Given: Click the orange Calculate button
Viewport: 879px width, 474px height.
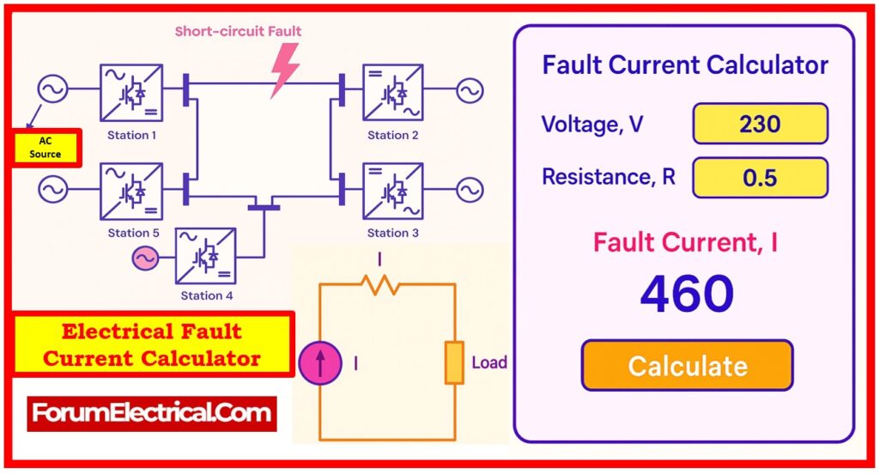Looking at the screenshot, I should tap(687, 365).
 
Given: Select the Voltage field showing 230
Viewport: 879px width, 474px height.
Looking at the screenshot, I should tap(760, 124).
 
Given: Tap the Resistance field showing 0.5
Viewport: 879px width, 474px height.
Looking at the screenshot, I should tap(760, 177).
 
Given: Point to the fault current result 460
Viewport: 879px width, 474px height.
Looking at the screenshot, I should tap(687, 295).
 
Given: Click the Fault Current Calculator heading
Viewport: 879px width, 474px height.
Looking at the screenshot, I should tap(685, 65).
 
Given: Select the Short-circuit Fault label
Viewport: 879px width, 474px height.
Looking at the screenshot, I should tap(238, 32).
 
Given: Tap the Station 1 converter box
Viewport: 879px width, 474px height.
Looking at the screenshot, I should tap(130, 91).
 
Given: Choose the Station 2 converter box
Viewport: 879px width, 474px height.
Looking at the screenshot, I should tap(392, 92).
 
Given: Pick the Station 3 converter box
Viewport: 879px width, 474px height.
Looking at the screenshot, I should tap(392, 190).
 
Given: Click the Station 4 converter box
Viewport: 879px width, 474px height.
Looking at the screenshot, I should tap(205, 256).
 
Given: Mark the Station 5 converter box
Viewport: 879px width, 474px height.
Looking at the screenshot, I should tap(130, 190).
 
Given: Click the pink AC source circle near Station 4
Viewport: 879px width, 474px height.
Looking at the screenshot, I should tap(145, 257).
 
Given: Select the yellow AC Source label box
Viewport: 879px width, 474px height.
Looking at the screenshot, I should tap(45, 148).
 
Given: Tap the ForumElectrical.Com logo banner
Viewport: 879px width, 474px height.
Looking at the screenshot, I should tap(152, 414).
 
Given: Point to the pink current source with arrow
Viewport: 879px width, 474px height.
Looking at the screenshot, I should tap(319, 362).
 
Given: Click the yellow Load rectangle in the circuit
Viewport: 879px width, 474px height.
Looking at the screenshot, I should tap(454, 362).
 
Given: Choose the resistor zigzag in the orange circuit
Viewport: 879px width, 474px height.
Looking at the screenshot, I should tap(379, 285).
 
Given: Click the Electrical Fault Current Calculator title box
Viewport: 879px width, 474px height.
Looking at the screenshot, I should tap(153, 344).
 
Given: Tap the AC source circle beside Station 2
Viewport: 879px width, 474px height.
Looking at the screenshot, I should tap(470, 91).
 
